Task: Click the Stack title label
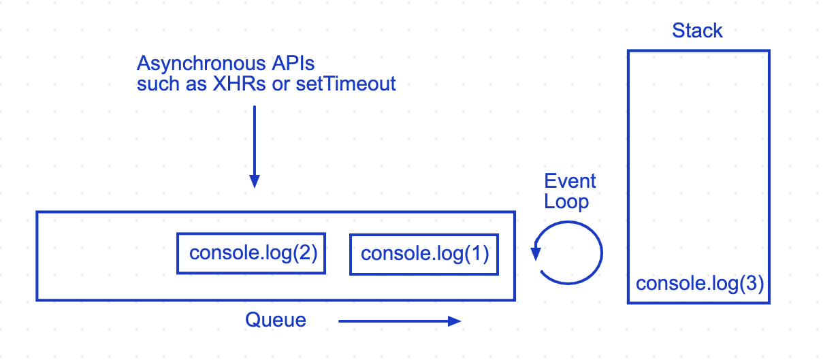point(697,31)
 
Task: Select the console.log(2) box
point(251,254)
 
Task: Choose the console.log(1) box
point(423,255)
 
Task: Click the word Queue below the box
point(276,321)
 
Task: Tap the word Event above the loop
point(570,182)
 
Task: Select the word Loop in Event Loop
point(566,202)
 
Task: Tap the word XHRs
point(232,84)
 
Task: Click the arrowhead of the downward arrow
point(254,181)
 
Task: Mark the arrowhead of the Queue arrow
point(455,321)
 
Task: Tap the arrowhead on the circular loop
point(536,253)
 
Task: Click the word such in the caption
point(153,84)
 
